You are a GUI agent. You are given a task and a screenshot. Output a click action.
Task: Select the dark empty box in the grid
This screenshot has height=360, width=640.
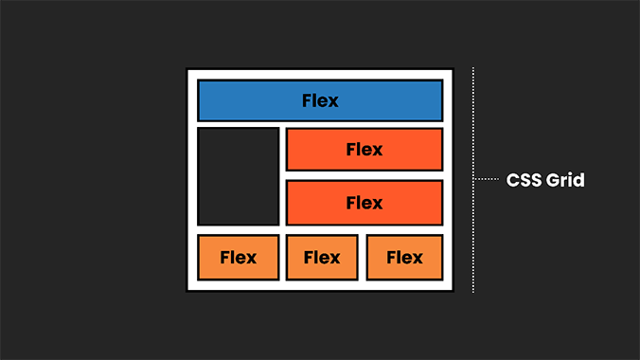(238, 176)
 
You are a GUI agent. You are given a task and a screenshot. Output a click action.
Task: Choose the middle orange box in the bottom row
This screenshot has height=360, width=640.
(322, 257)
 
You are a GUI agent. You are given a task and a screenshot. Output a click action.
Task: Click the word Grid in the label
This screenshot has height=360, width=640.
(565, 179)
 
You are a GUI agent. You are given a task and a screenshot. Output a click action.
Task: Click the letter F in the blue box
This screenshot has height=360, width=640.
(307, 100)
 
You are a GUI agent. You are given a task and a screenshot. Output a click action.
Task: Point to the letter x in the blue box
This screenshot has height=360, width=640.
(332, 101)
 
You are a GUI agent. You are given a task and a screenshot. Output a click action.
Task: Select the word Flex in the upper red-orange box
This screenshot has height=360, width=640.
(364, 150)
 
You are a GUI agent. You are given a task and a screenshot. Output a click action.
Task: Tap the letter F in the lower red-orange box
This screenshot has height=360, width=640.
(351, 203)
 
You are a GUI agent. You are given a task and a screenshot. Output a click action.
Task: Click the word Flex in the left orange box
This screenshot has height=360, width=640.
(238, 257)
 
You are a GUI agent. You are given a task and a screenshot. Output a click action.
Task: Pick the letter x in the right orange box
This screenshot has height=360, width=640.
(417, 258)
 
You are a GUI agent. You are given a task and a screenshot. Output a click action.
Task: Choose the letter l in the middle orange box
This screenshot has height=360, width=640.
(316, 257)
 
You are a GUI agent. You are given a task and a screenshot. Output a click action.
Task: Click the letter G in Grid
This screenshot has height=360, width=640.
(553, 179)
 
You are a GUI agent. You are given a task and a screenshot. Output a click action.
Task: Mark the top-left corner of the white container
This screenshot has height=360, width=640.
(188, 70)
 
